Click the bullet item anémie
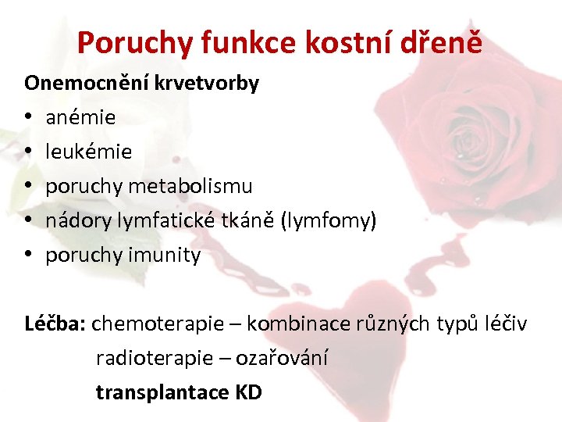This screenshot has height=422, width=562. click(x=80, y=118)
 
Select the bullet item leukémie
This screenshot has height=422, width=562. click(x=88, y=152)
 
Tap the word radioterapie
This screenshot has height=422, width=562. click(x=154, y=358)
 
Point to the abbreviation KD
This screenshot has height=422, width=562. click(x=247, y=392)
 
